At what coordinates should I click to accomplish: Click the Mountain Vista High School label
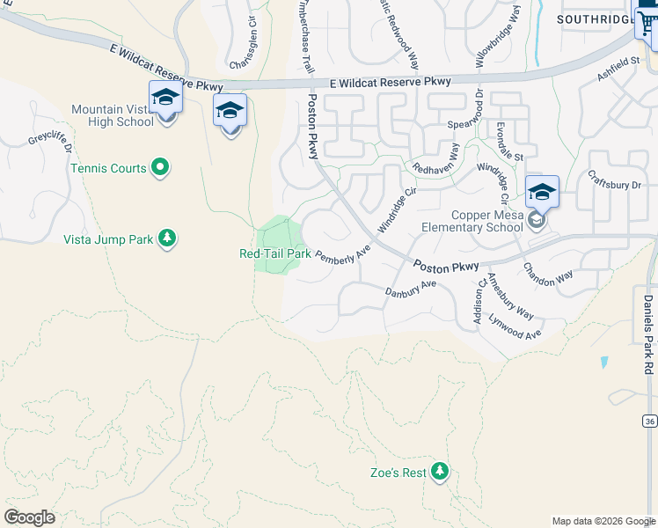coord(113,115)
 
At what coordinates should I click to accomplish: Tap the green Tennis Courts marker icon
coord(160,167)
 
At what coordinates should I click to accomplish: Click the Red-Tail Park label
coord(274,253)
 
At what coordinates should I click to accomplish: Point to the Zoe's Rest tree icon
coord(440,473)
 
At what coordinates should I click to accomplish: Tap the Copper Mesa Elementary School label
coord(486,221)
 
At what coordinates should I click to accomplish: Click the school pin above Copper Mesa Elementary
coord(542,194)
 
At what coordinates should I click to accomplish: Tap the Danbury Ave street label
coord(411,288)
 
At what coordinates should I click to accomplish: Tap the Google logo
coord(29,517)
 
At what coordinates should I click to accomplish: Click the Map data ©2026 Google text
coord(603,521)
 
